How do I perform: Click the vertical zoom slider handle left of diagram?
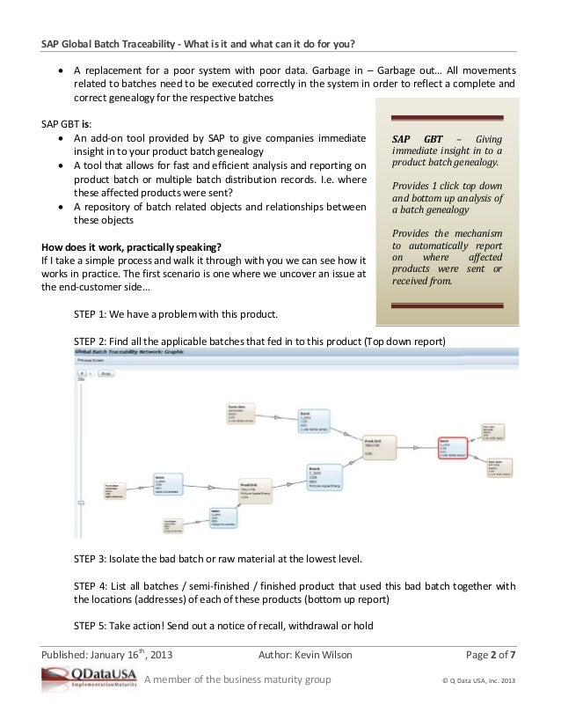coord(80,503)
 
